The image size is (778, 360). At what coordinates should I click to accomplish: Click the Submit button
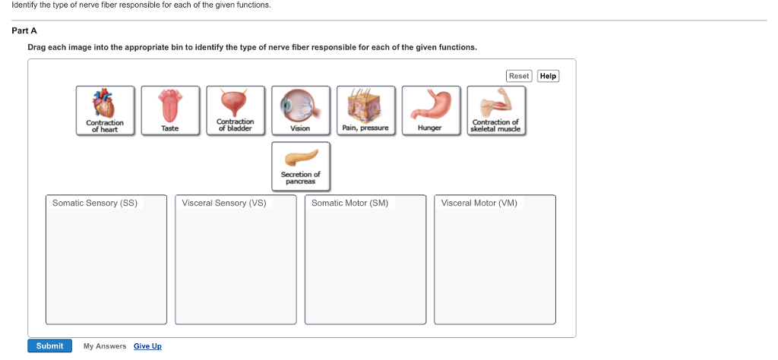[49, 346]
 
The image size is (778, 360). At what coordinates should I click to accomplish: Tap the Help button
[549, 76]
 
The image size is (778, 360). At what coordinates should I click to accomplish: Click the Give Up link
[147, 346]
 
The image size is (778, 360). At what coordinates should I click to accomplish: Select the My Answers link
[105, 346]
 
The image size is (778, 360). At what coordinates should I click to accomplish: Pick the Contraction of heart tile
[105, 111]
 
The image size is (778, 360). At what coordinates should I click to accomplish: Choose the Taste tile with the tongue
[170, 111]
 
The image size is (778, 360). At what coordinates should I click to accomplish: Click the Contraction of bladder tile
[236, 111]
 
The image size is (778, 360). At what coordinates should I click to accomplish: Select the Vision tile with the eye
[301, 111]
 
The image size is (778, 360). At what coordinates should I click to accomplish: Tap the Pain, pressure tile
[365, 111]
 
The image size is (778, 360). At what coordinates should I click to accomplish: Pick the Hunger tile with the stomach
[431, 111]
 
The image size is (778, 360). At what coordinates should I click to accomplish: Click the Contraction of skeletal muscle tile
[496, 111]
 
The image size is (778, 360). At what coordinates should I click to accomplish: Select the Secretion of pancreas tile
[301, 166]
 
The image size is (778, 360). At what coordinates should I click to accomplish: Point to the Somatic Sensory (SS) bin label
[95, 203]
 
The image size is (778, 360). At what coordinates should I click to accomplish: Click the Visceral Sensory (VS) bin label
[224, 203]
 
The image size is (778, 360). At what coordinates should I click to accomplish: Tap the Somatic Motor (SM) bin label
[349, 203]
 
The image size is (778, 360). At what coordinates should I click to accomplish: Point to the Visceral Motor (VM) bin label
[479, 203]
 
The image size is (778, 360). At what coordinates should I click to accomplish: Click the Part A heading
[24, 30]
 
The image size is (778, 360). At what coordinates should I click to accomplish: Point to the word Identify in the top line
[25, 5]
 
